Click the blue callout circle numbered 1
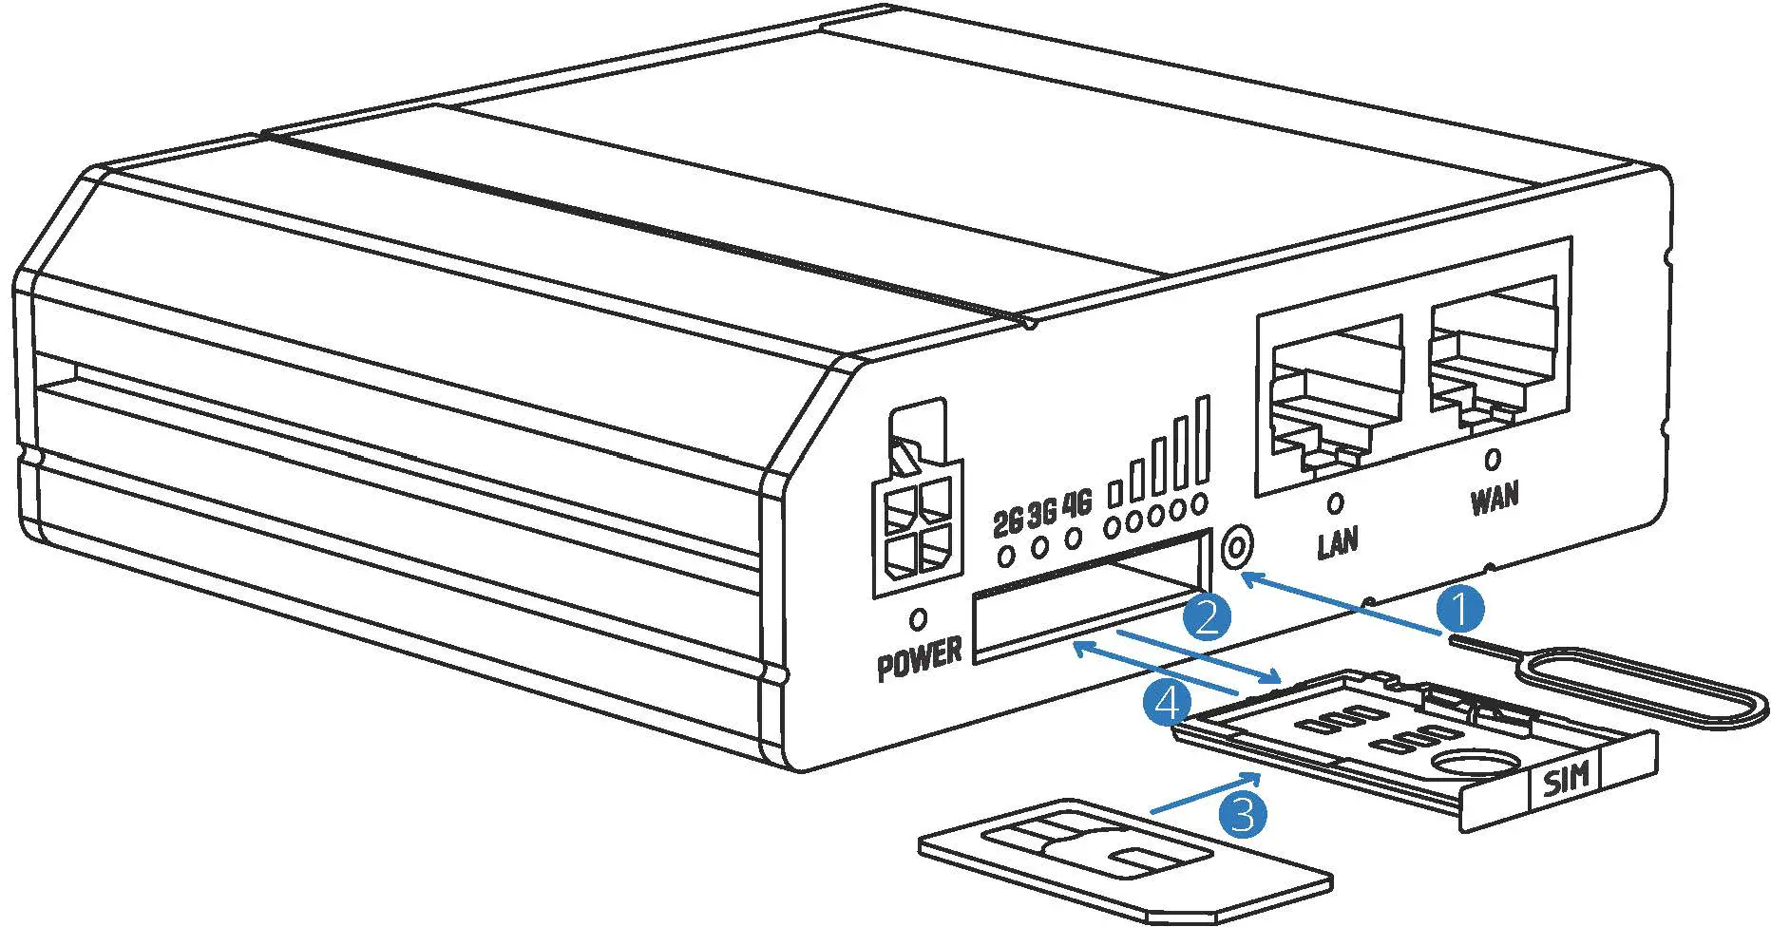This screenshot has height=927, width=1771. (1460, 609)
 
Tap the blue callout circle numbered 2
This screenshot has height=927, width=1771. (1207, 617)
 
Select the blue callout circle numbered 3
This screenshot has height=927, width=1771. (1243, 815)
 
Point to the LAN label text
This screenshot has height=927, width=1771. (1338, 541)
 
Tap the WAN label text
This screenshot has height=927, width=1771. (1495, 498)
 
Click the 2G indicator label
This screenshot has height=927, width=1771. (1007, 521)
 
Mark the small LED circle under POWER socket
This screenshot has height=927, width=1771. (918, 619)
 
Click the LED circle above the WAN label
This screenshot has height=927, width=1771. (1493, 460)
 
